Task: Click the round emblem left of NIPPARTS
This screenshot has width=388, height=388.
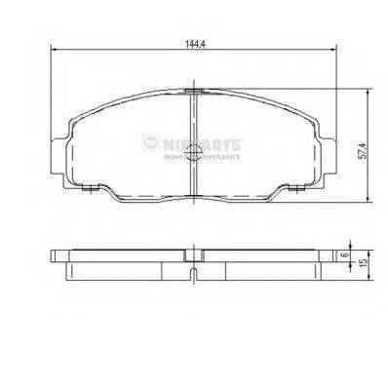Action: (x=152, y=144)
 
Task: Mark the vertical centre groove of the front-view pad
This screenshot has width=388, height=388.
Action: (x=194, y=146)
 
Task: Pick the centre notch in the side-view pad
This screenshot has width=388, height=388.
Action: (x=194, y=269)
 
